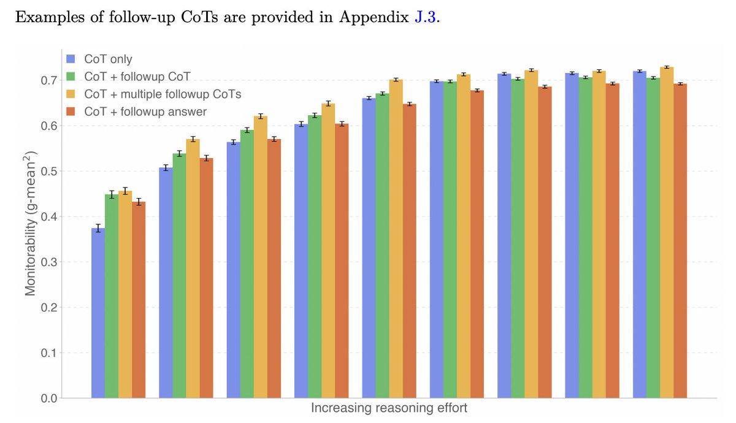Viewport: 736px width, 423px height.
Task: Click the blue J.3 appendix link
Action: (x=425, y=17)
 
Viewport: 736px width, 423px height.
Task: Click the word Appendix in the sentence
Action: (x=374, y=18)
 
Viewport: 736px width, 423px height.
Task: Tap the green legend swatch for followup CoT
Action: (x=71, y=77)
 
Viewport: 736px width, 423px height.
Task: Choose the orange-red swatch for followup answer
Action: (x=71, y=112)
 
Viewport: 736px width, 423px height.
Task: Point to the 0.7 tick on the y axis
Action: (x=49, y=80)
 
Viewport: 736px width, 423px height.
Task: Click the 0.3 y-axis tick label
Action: (x=49, y=262)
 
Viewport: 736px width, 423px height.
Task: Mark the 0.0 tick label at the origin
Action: (x=49, y=398)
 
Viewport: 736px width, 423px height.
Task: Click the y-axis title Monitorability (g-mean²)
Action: (x=30, y=223)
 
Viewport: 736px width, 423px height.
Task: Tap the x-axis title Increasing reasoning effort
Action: (x=389, y=408)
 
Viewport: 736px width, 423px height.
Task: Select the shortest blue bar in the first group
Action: (x=98, y=313)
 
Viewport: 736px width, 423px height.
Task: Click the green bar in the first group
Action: (x=112, y=296)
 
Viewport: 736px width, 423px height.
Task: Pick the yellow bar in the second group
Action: (x=193, y=269)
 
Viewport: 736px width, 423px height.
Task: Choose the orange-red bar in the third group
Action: (x=274, y=269)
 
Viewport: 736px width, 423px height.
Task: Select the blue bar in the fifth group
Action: (x=369, y=248)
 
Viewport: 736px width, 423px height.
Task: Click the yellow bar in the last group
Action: (x=667, y=232)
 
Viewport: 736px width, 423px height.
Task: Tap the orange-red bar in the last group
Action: (x=680, y=241)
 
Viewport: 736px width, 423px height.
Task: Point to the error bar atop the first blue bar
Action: (x=98, y=228)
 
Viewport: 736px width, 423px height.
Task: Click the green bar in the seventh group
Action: (x=518, y=238)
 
